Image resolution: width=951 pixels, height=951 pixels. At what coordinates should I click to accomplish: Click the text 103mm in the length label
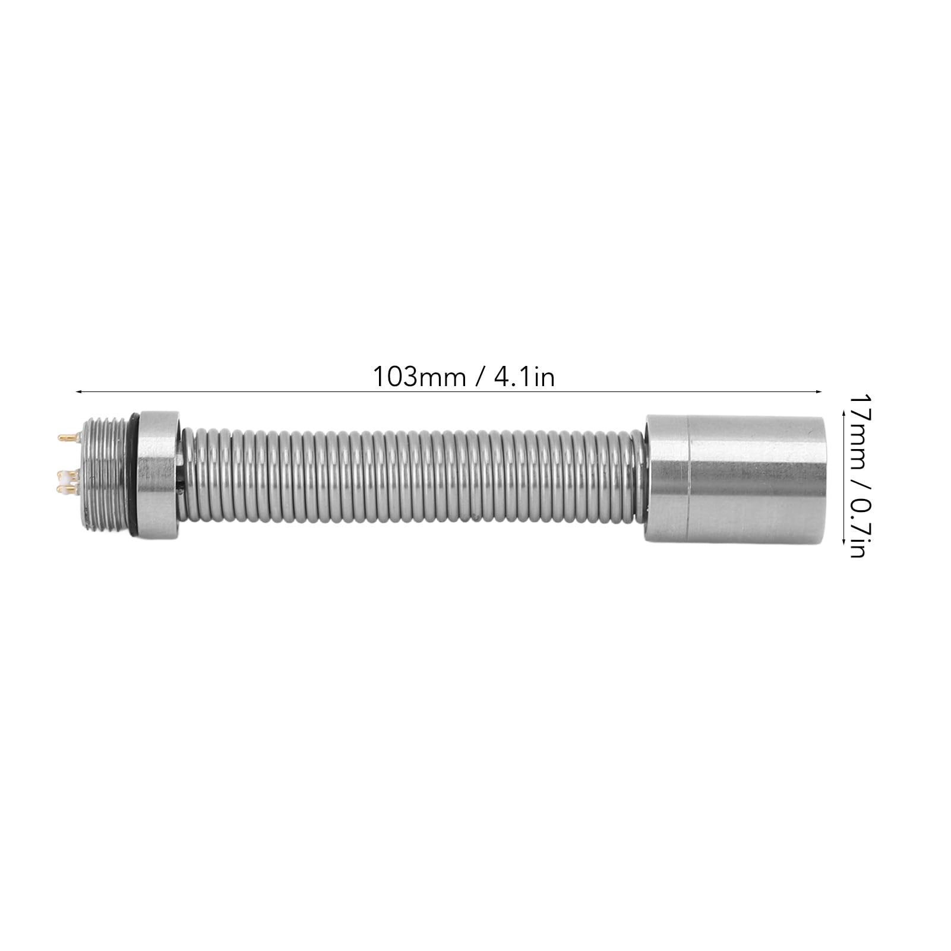tap(419, 377)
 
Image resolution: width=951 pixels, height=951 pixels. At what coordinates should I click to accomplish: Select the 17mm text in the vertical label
tap(857, 422)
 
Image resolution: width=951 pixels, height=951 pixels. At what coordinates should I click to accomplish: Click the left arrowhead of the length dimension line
tap(79, 391)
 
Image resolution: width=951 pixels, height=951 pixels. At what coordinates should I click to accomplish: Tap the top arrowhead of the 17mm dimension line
tap(844, 416)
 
